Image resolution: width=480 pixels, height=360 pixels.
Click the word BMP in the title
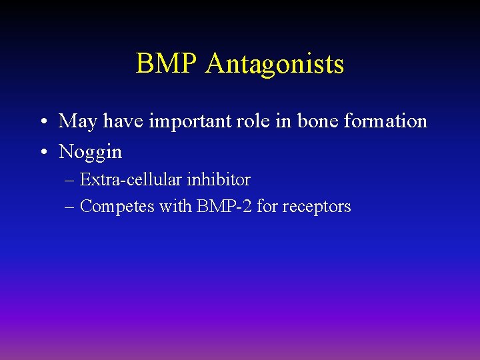(x=167, y=64)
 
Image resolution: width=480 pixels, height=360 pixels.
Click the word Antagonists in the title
(x=275, y=65)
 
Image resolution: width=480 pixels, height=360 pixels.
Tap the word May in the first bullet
(x=77, y=122)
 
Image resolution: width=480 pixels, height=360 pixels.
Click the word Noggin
(x=91, y=153)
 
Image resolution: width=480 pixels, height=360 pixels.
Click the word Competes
(x=117, y=207)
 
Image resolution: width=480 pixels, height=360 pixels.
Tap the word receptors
(x=317, y=207)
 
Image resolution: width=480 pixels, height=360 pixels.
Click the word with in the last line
(x=175, y=207)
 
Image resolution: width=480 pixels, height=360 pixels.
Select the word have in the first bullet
(x=122, y=121)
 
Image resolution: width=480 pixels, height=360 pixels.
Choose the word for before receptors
(x=267, y=207)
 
